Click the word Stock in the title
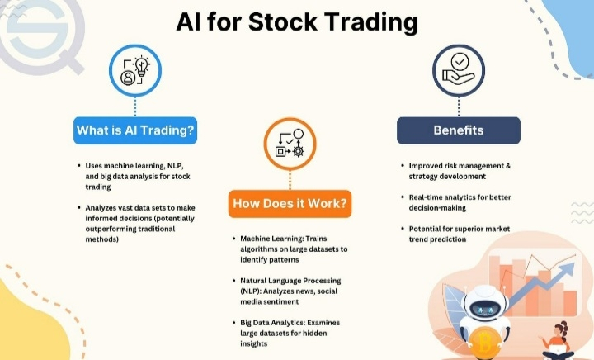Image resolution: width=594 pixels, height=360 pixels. point(283,21)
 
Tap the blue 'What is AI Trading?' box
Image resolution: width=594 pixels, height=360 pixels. point(135,130)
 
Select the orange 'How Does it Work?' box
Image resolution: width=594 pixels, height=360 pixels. point(290,203)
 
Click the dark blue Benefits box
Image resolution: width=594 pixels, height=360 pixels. point(459,130)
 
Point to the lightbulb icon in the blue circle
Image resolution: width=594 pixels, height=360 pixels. point(141,66)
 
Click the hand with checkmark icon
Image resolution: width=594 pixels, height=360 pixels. point(459,70)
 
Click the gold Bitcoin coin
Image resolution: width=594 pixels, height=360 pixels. point(483,343)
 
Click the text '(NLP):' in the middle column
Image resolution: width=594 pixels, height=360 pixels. point(251,291)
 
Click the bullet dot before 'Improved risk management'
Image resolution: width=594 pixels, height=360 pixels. point(403,166)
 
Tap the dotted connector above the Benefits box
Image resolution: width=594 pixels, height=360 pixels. point(459,107)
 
